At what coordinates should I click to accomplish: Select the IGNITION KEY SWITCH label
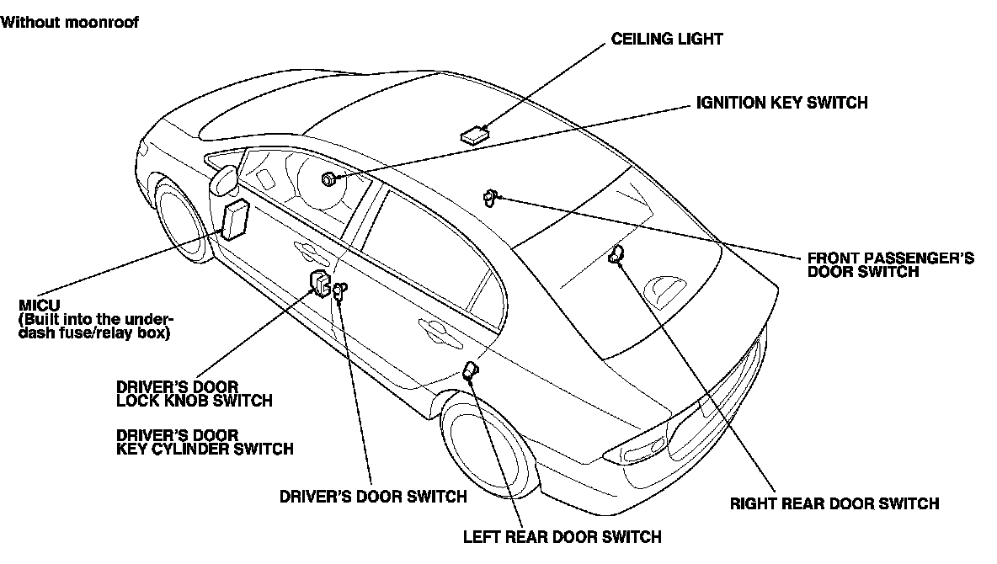(x=781, y=103)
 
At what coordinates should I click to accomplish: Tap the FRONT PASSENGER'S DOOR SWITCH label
(x=890, y=264)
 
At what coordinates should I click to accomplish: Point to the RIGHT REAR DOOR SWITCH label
(x=834, y=504)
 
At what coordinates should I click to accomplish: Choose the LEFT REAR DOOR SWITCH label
(x=562, y=536)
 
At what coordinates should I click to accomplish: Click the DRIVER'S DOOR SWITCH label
(x=373, y=496)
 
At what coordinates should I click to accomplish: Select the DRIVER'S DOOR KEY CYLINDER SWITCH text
(x=205, y=442)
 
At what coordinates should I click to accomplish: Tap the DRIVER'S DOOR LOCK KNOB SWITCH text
(x=194, y=393)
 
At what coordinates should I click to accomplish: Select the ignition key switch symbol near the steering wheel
(x=329, y=178)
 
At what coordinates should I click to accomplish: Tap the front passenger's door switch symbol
(x=489, y=198)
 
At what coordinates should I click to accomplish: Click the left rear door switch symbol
(x=470, y=371)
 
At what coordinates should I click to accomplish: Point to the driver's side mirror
(x=224, y=183)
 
